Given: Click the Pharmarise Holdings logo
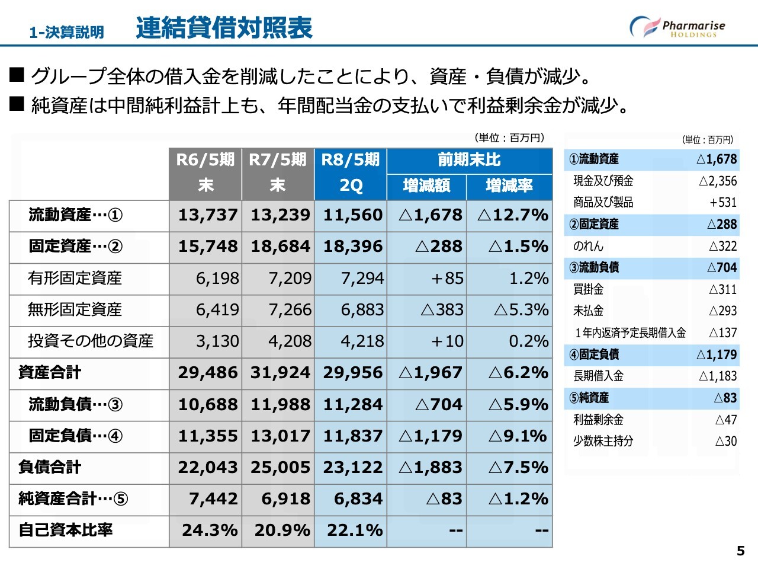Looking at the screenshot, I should click(x=677, y=27).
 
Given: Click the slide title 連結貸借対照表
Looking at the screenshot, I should click(x=224, y=28).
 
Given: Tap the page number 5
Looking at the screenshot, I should click(x=740, y=551).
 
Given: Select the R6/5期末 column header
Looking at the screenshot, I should click(x=205, y=173).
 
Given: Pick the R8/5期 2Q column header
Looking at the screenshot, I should click(x=351, y=173).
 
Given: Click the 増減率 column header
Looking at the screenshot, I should click(x=509, y=186).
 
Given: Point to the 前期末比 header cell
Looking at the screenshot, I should click(x=469, y=160).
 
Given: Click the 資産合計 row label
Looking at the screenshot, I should click(x=50, y=373).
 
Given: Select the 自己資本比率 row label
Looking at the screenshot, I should click(x=66, y=530).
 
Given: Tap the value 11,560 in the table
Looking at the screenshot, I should click(x=353, y=215).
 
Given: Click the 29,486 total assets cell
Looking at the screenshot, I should click(x=208, y=373).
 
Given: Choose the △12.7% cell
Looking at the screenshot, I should click(x=513, y=215).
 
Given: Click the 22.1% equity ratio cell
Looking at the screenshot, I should click(x=355, y=530).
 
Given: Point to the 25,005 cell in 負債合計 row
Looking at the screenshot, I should click(x=280, y=467).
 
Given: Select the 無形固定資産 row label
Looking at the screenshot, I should click(x=75, y=309).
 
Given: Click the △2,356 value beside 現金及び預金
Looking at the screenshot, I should click(x=718, y=181).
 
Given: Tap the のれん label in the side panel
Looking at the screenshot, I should click(x=588, y=246).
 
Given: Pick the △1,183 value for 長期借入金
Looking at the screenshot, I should click(x=718, y=376).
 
